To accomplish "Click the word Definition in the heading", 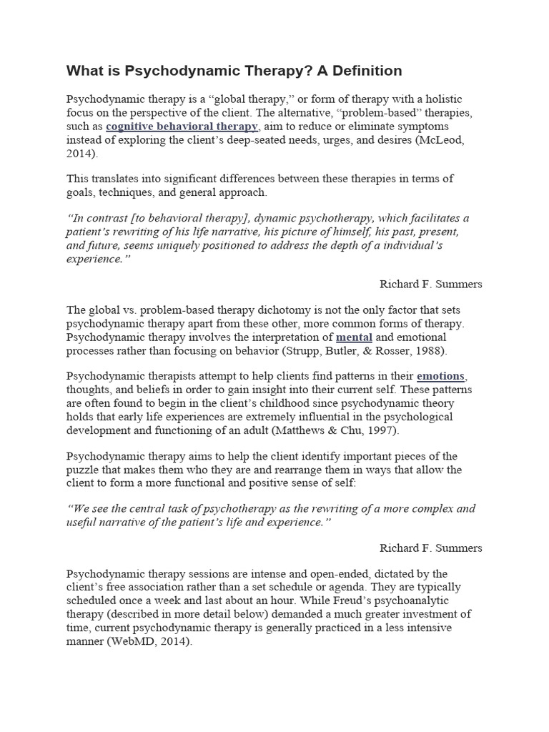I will tap(365, 71).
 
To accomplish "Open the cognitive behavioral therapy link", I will tap(182, 127).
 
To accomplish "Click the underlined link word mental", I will tap(354, 337).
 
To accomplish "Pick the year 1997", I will tap(364, 430).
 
